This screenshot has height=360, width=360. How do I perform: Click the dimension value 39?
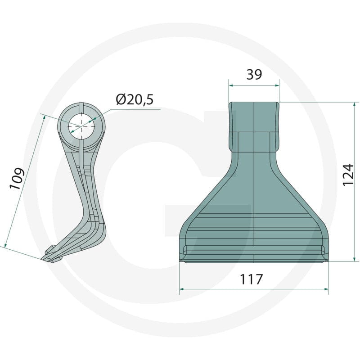coord(254,74)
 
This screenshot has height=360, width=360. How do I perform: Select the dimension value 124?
coord(347,175)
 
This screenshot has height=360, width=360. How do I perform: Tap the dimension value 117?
coord(251,279)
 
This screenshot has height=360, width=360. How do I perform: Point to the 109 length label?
coord(17,179)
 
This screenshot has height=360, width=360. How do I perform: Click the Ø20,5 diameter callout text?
coord(135,99)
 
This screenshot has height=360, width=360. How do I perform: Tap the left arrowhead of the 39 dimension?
coord(231,85)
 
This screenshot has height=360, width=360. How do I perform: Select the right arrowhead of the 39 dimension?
coord(277,85)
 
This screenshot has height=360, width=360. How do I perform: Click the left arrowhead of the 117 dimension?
coord(182,289)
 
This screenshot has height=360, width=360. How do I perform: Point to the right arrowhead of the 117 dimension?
coord(326,289)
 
